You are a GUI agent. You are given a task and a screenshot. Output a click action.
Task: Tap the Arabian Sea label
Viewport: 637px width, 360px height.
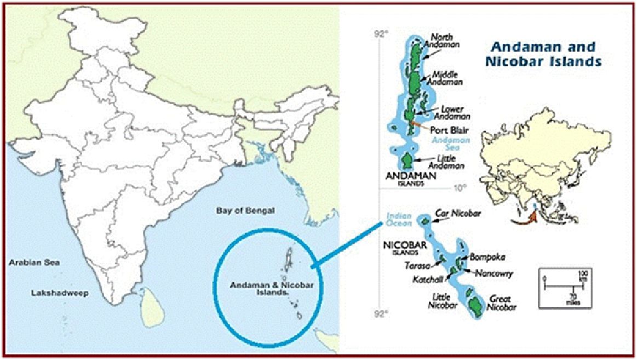[33, 262]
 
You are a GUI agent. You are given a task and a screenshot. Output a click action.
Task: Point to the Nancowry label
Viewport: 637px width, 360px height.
[491, 272]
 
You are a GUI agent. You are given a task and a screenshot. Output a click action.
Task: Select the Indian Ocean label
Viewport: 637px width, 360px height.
[398, 219]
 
